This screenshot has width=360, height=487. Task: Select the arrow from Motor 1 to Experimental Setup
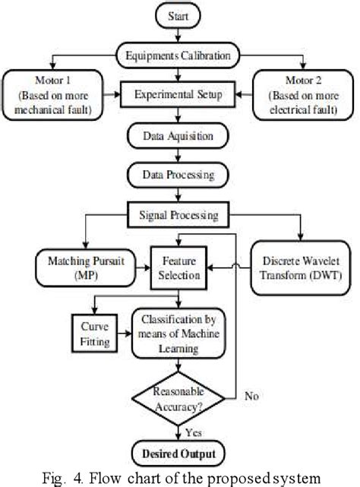[x=118, y=96]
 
